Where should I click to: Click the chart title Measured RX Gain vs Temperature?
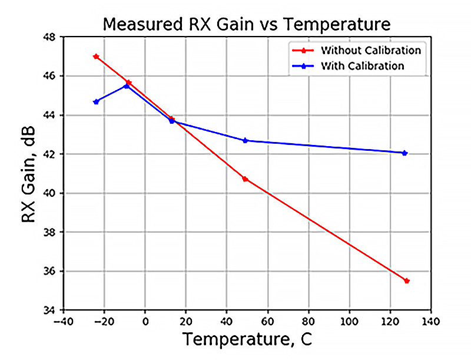click(246, 24)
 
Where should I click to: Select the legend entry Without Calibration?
click(370, 50)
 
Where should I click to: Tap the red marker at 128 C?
click(406, 280)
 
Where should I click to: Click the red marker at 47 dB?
click(96, 57)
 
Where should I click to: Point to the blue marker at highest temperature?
click(404, 153)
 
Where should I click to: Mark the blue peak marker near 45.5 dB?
click(127, 86)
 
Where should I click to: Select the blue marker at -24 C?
click(96, 101)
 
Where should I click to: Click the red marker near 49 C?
click(245, 179)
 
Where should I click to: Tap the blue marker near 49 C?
click(245, 140)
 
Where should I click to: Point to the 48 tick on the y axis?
click(49, 37)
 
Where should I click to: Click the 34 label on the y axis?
click(49, 311)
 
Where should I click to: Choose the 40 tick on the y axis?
click(49, 193)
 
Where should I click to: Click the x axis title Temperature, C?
click(246, 341)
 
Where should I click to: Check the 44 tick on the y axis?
click(49, 115)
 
